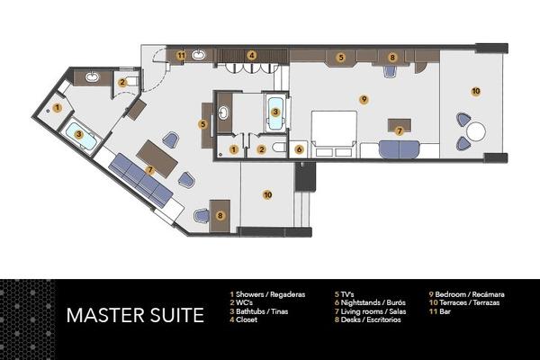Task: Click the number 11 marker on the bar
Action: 181,56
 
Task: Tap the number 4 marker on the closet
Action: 253,56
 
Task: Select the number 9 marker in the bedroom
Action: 364,99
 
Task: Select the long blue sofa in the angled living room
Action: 140,178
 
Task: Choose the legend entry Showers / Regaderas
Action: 268,294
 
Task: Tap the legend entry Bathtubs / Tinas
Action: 262,310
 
